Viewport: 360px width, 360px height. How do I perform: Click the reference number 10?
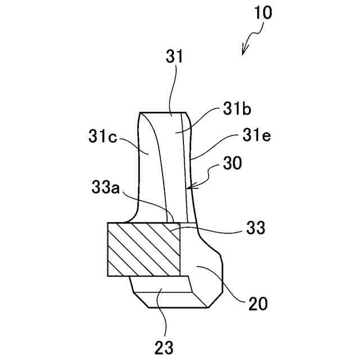(x=262, y=12)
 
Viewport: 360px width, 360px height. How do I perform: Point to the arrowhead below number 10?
(x=244, y=52)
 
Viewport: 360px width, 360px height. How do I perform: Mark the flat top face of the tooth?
(x=163, y=113)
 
